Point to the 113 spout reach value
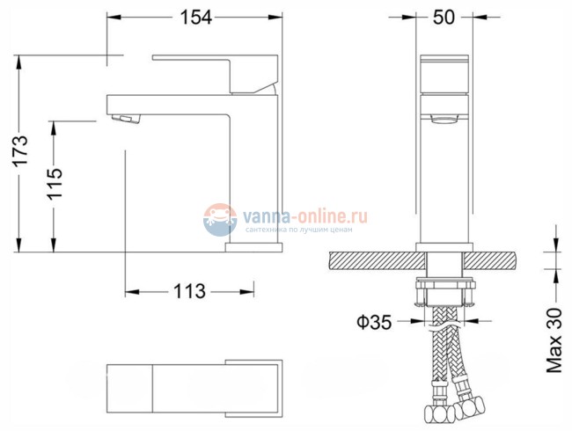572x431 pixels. tap(190, 291)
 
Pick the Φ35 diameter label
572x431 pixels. tap(374, 322)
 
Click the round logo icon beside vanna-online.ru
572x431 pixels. tap(220, 219)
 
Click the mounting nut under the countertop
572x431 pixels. tap(446, 291)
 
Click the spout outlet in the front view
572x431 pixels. tap(445, 116)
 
